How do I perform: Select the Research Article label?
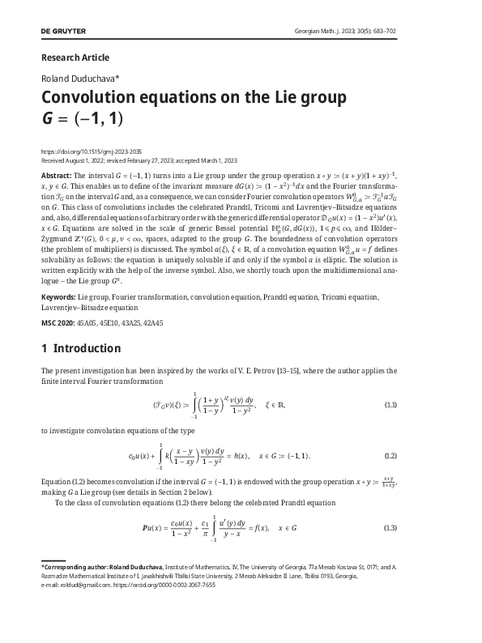pos(75,57)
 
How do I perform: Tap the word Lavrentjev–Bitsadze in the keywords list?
pos(76,308)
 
